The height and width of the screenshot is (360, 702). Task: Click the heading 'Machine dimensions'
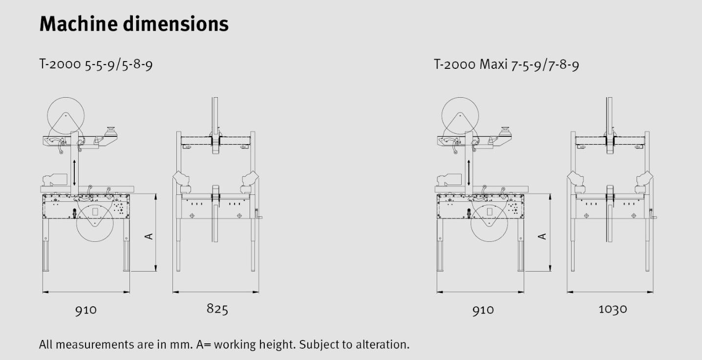[x=134, y=24]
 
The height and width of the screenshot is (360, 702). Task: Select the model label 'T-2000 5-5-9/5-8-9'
[x=96, y=64]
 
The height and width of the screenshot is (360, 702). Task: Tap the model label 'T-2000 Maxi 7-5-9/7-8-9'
[x=507, y=64]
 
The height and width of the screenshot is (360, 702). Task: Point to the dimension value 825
[x=217, y=309]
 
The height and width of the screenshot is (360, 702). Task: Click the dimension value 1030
[x=613, y=309]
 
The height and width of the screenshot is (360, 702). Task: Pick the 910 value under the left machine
[x=86, y=310]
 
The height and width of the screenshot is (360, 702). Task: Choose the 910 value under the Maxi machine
[x=483, y=310]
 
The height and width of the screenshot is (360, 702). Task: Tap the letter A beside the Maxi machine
[x=542, y=236]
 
